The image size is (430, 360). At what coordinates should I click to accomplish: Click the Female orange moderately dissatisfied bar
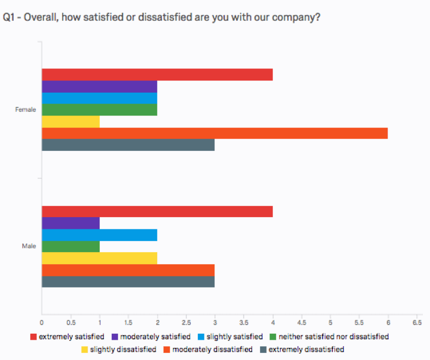point(214,133)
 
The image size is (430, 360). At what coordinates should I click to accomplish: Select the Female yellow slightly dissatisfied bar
point(70,122)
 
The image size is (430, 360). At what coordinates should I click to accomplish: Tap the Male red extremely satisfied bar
point(157,212)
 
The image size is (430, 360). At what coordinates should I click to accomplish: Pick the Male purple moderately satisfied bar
point(70,223)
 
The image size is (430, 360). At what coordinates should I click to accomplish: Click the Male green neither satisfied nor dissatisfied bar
point(70,247)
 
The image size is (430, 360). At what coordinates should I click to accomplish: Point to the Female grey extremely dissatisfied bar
point(128,145)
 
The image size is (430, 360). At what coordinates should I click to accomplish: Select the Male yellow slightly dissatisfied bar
point(99,258)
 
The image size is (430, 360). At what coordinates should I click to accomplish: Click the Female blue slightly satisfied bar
point(99,98)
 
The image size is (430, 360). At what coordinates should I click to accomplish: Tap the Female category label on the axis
point(26,110)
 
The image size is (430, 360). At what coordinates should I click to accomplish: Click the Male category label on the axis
point(29,247)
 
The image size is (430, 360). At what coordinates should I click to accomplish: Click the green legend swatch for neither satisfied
point(273,337)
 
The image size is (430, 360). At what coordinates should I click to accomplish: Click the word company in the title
point(299,17)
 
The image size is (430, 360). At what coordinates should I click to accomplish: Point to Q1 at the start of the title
point(9,17)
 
